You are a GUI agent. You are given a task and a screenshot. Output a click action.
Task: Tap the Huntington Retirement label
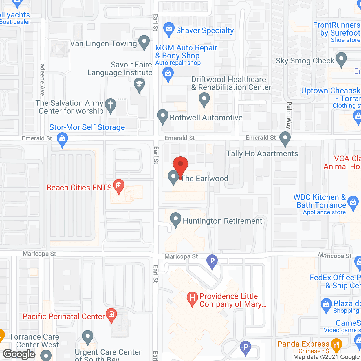click(223, 221)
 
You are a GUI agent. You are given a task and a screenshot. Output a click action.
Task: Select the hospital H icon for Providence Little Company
click(192, 298)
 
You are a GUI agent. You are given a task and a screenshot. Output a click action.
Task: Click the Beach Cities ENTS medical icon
click(119, 186)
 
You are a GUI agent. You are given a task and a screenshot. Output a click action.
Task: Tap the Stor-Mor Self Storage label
click(87, 127)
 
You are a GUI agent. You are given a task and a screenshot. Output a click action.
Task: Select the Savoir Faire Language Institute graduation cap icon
click(139, 84)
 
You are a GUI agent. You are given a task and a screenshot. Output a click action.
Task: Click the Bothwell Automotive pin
click(162, 116)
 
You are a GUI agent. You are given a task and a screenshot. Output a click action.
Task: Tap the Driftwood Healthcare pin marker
click(204, 100)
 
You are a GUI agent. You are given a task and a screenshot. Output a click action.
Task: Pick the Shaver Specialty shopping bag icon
click(169, 28)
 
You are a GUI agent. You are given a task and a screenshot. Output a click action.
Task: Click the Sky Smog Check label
click(305, 61)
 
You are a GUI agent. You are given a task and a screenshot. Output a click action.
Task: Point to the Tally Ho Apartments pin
click(285, 138)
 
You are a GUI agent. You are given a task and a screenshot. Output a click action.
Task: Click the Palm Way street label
click(289, 115)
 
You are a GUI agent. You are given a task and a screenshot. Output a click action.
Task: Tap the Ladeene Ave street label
click(42, 78)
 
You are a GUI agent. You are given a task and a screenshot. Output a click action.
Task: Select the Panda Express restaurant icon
click(336, 345)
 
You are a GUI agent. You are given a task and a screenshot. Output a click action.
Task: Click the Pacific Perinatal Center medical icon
click(111, 314)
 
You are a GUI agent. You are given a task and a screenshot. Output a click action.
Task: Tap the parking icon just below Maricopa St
click(212, 261)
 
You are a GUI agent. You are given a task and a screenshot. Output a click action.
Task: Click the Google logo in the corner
click(19, 354)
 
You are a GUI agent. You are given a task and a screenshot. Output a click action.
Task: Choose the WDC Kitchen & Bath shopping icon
click(353, 202)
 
